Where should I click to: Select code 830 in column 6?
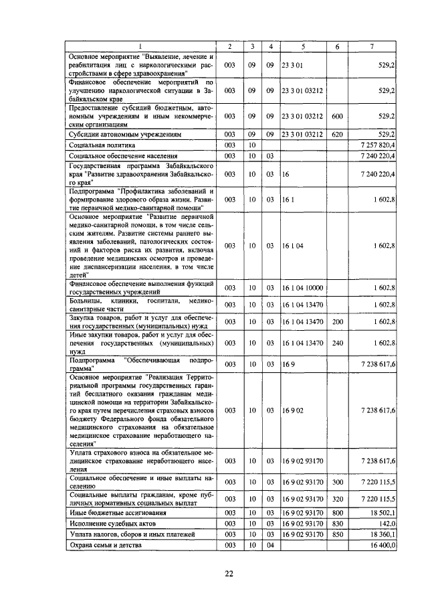[x=338, y=523]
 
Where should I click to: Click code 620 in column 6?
[x=338, y=134]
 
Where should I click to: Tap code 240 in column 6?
[x=338, y=342]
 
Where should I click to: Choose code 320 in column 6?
[x=338, y=499]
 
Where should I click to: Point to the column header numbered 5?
[x=303, y=46]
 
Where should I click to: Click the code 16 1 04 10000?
[x=304, y=287]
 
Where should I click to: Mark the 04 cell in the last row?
[x=270, y=546]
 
